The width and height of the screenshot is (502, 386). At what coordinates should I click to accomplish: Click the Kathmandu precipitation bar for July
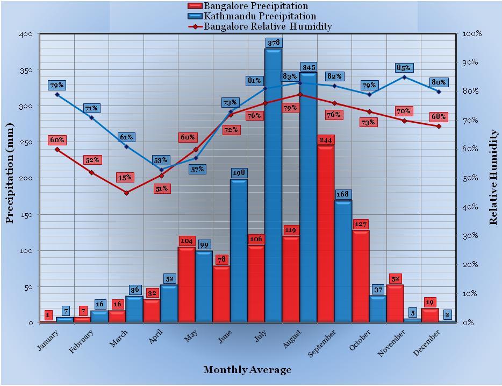pos(273,185)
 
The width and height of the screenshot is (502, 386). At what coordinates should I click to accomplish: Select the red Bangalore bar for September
pos(326,234)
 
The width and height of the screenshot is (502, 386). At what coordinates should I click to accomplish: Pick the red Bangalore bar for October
pos(361,276)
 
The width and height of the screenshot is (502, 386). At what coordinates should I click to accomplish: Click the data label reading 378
pos(273,43)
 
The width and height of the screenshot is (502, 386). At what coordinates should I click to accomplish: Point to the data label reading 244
pos(326,139)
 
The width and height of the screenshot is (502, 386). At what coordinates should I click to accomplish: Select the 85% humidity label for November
pos(404,68)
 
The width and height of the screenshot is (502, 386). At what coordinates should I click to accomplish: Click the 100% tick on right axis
pos(472,34)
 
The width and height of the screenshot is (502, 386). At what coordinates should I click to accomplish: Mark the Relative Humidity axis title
pos(493,177)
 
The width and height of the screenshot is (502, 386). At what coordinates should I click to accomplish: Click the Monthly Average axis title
pos(247,370)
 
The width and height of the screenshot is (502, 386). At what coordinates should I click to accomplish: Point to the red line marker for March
pos(126,193)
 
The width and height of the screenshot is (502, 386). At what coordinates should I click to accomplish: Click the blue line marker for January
pos(57,95)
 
